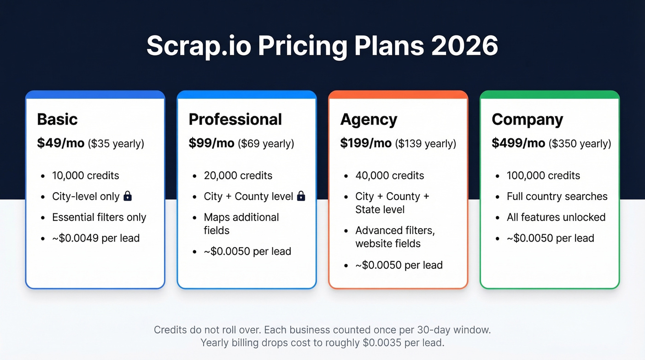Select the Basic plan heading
tap(57, 119)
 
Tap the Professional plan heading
tap(235, 119)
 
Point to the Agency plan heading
tap(369, 119)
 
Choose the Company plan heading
tap(527, 119)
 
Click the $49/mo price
tap(60, 143)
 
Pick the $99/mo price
tap(211, 143)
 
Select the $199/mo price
tap(366, 143)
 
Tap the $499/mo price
tap(518, 143)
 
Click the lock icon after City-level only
tap(128, 196)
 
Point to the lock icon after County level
tap(301, 196)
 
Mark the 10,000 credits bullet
tap(86, 176)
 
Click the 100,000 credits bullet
tap(543, 176)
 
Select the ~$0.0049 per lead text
tap(96, 238)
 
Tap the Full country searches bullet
tap(557, 196)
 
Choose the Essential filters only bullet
tap(99, 218)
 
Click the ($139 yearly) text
tap(425, 144)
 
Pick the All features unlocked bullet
tap(556, 218)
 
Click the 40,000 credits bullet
tap(390, 176)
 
